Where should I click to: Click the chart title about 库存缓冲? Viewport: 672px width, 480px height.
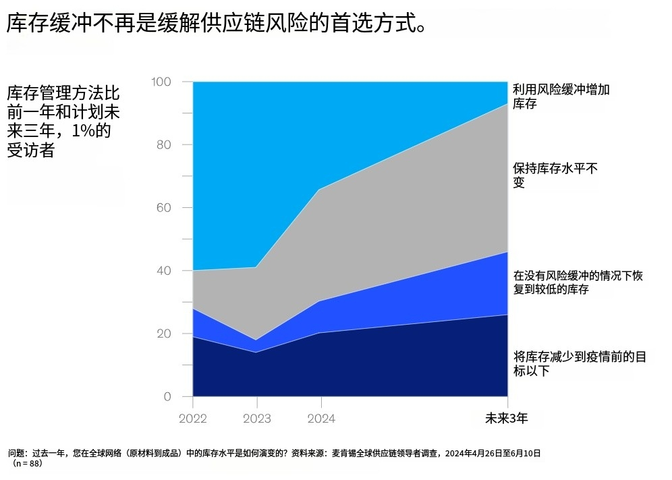click(x=216, y=24)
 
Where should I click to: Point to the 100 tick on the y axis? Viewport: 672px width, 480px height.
click(x=162, y=82)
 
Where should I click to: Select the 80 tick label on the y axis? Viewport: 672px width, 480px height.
click(x=164, y=144)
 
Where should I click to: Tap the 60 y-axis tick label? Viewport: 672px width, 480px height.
click(x=164, y=207)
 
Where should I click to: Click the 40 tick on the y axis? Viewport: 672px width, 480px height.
click(x=164, y=271)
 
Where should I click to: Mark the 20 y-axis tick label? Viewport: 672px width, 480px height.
click(x=164, y=334)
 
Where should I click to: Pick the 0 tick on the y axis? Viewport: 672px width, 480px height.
click(x=167, y=396)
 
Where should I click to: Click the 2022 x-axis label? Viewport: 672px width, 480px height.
click(x=193, y=419)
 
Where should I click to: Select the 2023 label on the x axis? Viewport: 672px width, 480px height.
click(x=256, y=419)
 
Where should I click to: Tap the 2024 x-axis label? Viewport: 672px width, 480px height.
click(x=320, y=419)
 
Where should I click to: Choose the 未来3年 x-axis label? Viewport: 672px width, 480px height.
click(x=506, y=419)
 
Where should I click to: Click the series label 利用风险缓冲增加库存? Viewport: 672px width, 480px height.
click(x=561, y=97)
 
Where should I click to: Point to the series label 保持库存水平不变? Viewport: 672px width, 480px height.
click(x=555, y=176)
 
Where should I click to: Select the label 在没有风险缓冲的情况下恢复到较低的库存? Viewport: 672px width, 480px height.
click(x=578, y=282)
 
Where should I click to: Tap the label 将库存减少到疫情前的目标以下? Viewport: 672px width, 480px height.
click(x=580, y=363)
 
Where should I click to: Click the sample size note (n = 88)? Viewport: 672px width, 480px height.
click(x=27, y=464)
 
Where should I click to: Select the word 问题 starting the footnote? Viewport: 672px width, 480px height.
click(x=18, y=453)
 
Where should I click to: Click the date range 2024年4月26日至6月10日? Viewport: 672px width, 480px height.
click(x=493, y=453)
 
